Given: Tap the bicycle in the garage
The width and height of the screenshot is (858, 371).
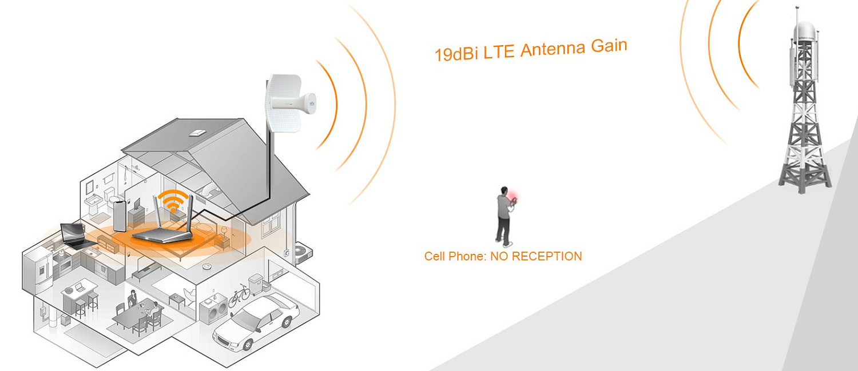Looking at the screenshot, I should (239, 296).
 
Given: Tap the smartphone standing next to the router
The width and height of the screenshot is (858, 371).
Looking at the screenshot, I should (119, 215).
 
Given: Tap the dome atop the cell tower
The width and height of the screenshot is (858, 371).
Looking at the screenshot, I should (805, 30).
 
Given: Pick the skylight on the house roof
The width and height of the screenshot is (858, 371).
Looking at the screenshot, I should (197, 133).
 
